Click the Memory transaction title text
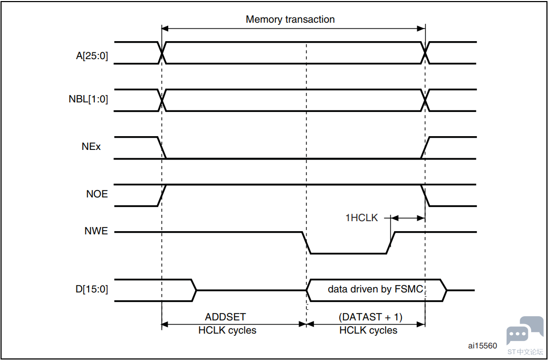(290, 20)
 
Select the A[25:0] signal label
(92, 55)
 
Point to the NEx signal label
(91, 147)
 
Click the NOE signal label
(97, 194)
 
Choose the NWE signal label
(96, 231)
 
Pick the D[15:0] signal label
(92, 289)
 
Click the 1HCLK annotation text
(361, 217)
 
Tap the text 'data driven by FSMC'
(376, 289)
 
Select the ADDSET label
(225, 317)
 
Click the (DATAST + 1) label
(370, 317)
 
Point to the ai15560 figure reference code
(482, 346)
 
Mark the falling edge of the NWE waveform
(306, 242)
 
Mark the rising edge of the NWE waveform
(391, 242)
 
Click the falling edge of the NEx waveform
(162, 148)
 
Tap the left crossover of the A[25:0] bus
(162, 53)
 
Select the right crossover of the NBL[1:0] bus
(425, 100)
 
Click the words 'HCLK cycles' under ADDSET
(227, 330)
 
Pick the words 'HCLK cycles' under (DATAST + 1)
(368, 330)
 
